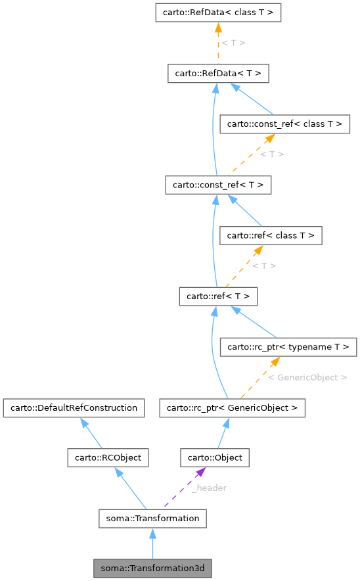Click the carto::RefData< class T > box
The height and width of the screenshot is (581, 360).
point(217,12)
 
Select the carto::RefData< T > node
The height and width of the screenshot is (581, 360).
point(217,74)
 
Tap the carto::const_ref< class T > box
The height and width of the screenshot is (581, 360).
point(284,124)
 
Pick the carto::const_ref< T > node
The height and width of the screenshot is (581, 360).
point(217,185)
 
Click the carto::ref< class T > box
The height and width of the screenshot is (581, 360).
point(270,235)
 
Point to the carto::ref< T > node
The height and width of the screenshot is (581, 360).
point(217,296)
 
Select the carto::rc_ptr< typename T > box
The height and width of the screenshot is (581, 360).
point(288,346)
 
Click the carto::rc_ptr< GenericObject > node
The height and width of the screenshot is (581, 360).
point(232,408)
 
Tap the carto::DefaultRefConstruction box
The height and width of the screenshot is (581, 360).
point(74,408)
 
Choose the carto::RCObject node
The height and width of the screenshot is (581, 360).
point(108,457)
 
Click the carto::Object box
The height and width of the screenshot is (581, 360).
point(215,457)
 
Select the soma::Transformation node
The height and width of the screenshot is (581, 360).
point(152,518)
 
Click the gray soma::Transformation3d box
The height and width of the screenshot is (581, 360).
point(152,567)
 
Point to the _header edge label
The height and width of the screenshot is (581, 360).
point(209,488)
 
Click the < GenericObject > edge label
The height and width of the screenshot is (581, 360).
point(307,377)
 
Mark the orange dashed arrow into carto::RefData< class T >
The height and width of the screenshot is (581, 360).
point(217,43)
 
